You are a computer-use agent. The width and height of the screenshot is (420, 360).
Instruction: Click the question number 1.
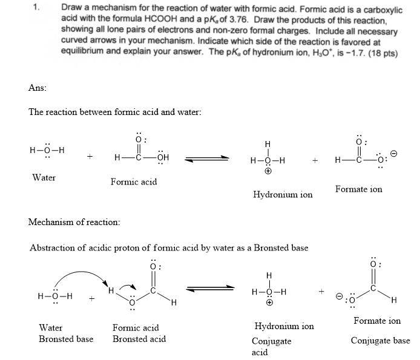[36, 8]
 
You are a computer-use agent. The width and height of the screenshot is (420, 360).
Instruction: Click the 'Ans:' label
[38, 88]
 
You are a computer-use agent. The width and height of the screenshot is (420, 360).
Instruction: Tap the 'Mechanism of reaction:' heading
[74, 222]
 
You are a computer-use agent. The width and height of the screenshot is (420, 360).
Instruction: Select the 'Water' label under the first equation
[44, 177]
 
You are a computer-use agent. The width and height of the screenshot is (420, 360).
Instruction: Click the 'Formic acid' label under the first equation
[133, 182]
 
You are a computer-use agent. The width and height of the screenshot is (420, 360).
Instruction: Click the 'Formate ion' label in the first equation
[359, 189]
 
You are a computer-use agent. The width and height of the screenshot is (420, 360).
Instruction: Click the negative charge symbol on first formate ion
[393, 155]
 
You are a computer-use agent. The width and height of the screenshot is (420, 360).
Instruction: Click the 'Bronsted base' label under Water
[66, 339]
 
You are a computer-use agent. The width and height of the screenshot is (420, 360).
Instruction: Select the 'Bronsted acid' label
[139, 339]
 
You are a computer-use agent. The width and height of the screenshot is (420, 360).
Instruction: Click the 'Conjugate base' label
[380, 341]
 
